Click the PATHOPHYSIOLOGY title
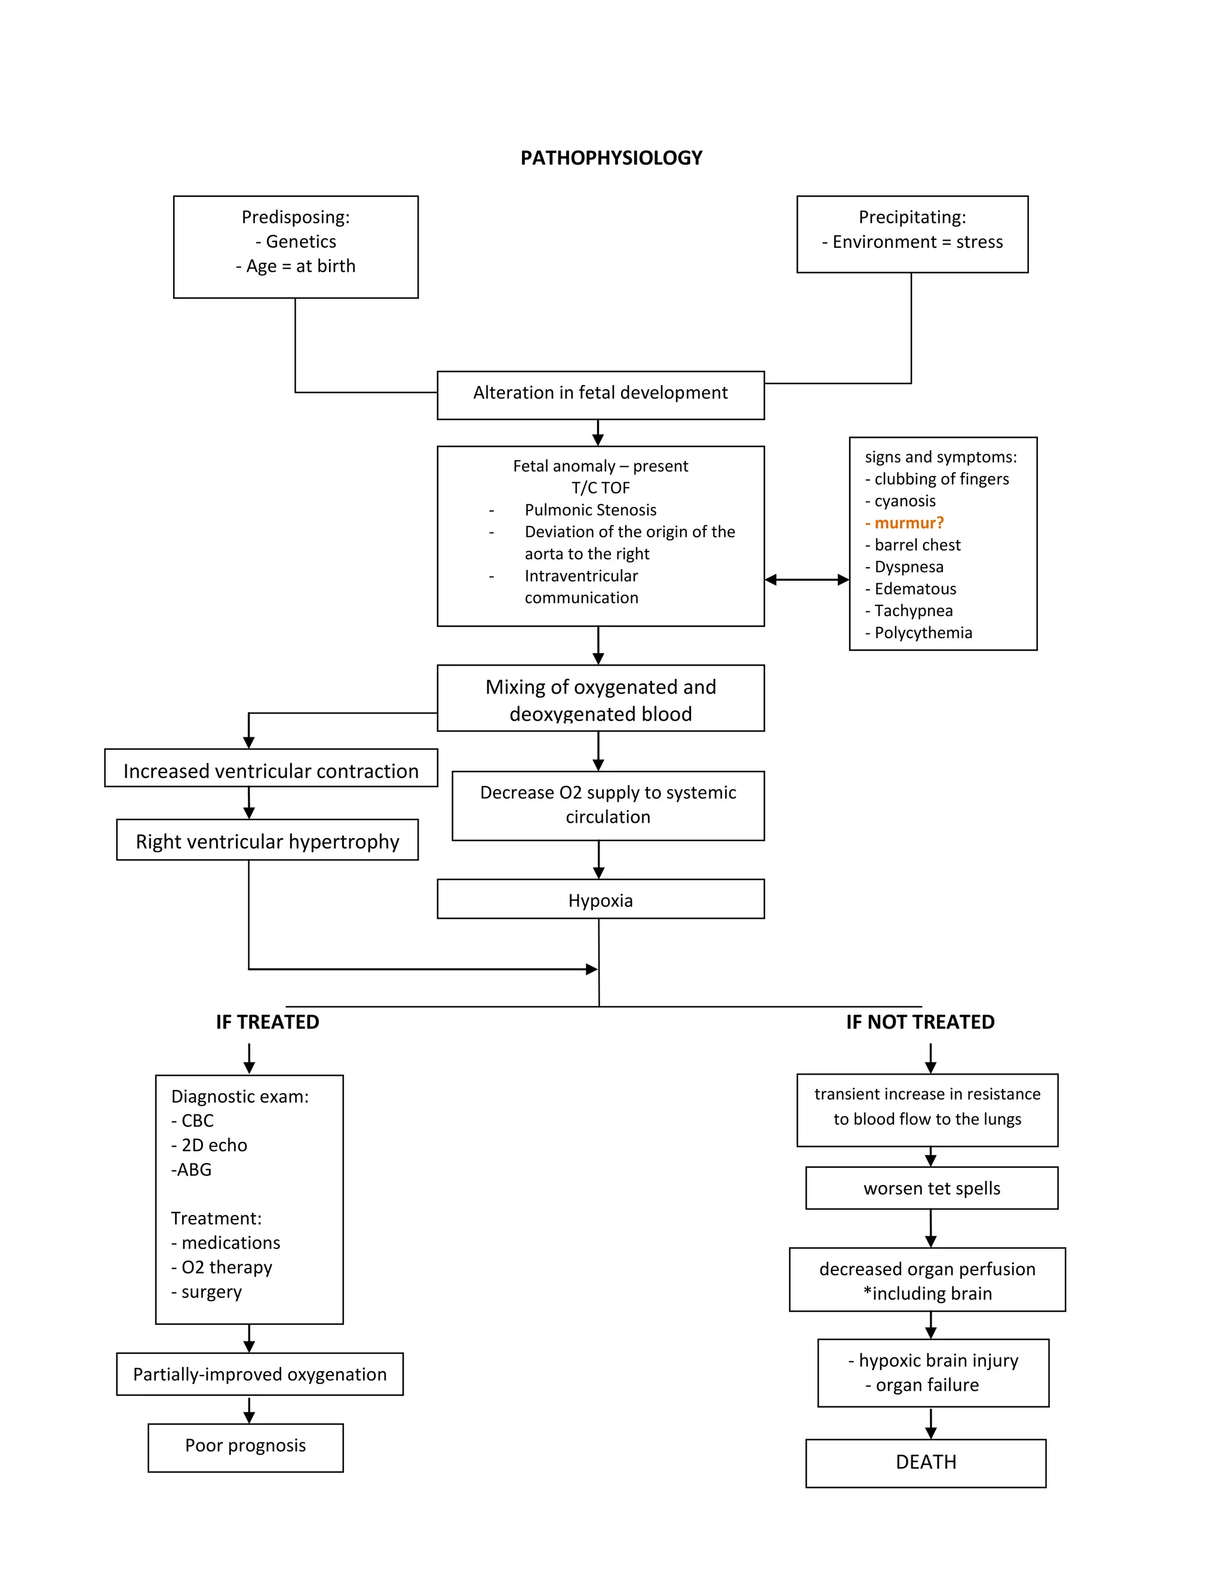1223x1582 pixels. coord(611,158)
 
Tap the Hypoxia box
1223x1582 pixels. coord(600,900)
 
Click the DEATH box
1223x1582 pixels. coord(925,1462)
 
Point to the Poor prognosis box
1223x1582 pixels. coord(245,1445)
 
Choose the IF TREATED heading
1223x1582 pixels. coord(268,1022)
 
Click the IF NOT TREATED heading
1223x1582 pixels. coord(920,1022)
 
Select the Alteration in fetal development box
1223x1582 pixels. coord(600,393)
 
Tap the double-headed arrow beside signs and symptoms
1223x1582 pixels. coord(806,580)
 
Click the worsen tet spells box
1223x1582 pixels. coord(931,1188)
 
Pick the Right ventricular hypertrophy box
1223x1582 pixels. coord(268,841)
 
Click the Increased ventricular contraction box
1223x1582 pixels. coord(271,770)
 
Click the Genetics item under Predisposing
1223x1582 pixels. coord(300,241)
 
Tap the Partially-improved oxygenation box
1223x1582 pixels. coord(259,1374)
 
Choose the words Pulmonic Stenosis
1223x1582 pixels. coord(591,510)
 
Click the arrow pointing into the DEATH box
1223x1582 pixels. coord(931,1423)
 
